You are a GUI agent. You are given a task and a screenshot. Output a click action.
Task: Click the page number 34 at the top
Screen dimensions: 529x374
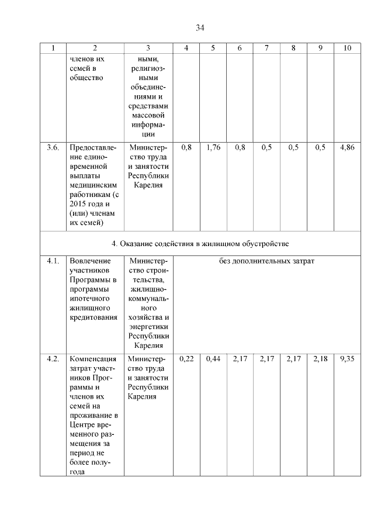tap(200, 27)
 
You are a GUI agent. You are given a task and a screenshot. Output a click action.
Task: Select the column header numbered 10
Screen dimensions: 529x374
tap(348, 48)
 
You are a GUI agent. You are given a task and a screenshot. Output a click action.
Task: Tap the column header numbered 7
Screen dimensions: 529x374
tap(266, 48)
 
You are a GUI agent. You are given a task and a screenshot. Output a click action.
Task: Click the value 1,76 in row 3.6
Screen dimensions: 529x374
tap(213, 148)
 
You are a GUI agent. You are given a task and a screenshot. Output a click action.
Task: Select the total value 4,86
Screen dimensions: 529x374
tap(348, 148)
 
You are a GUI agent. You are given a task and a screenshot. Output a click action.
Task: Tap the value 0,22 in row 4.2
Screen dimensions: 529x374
tap(186, 359)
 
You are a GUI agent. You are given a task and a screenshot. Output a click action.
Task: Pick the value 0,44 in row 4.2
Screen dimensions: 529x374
tap(213, 359)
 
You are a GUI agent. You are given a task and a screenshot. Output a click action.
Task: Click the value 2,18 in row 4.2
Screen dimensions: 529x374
tap(321, 359)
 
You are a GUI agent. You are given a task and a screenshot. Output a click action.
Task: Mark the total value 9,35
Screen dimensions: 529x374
tap(348, 359)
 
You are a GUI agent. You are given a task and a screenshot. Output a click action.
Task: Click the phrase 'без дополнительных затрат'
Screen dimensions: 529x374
tap(266, 261)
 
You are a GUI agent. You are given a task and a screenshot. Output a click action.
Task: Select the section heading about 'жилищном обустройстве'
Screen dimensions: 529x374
tap(200, 243)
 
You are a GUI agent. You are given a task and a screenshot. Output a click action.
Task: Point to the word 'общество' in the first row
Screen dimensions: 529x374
tap(86, 78)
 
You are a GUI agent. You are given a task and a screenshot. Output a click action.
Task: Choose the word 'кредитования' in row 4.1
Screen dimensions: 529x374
tap(93, 317)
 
